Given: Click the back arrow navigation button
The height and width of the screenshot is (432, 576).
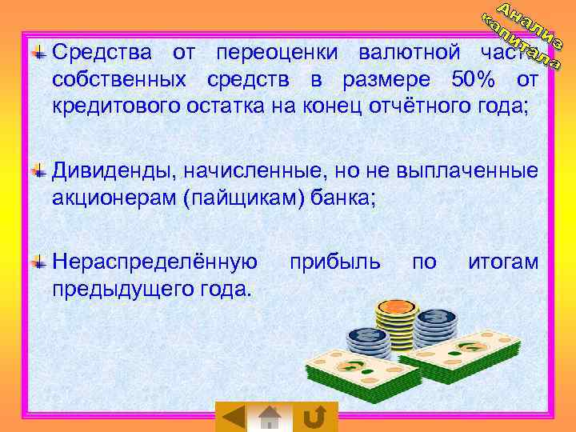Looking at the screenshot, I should (x=232, y=418).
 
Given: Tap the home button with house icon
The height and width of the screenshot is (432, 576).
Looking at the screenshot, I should (x=271, y=418).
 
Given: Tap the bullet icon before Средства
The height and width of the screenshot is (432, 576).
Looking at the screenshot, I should (x=38, y=53).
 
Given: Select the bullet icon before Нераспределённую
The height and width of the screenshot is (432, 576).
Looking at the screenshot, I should (x=38, y=262).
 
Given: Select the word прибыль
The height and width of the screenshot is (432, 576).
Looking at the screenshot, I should (x=334, y=262).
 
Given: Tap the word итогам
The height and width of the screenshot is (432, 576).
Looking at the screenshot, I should (x=503, y=262).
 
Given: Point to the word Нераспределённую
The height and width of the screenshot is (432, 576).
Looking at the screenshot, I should (x=154, y=262).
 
